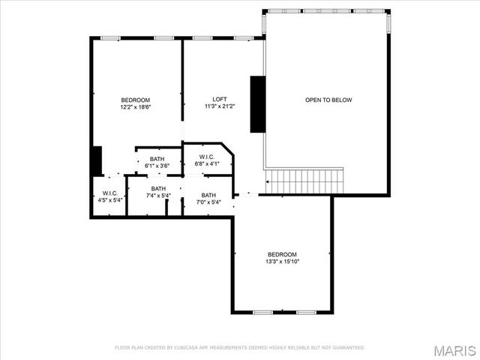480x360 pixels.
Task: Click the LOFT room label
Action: coord(220,100)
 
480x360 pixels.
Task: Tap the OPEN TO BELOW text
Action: coord(328,100)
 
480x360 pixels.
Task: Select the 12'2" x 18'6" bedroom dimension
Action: coord(136,108)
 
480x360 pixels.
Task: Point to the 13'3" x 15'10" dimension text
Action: coord(282,262)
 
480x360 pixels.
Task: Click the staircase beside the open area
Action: coord(304,180)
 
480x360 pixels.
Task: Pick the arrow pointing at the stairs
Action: coord(266,181)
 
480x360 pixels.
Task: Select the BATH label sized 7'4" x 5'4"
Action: coord(158,188)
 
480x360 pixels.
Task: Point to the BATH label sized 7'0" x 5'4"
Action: coord(208,195)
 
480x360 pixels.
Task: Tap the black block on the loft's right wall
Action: coord(257,103)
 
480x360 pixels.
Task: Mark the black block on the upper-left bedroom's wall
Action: coord(96,160)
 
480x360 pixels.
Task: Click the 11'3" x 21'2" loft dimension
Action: coord(220,106)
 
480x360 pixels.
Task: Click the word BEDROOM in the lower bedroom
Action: coord(282,254)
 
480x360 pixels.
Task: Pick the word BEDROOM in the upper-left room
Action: coord(136,100)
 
